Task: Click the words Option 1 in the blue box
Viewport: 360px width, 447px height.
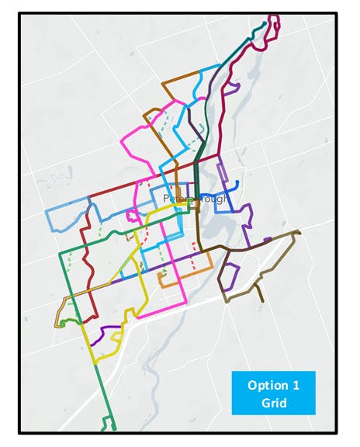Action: tap(272, 386)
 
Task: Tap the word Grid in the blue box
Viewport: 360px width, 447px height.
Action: tap(272, 402)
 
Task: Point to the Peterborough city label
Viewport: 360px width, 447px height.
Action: tap(196, 199)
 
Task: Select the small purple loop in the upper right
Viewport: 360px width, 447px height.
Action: tap(230, 87)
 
